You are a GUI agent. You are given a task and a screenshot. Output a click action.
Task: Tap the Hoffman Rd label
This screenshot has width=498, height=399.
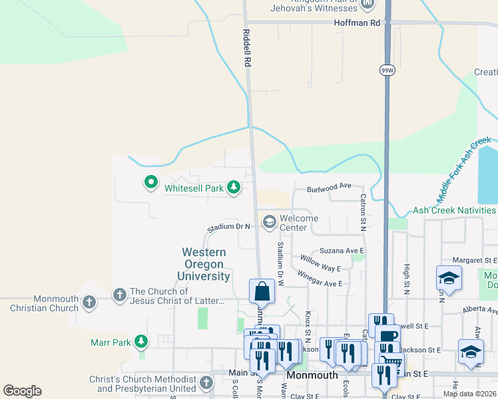pyautogui.click(x=357, y=23)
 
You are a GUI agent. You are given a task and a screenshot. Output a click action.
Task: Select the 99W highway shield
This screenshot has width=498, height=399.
pyautogui.click(x=387, y=69)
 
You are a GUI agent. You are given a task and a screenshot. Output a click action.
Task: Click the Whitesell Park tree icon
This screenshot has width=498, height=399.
pyautogui.click(x=233, y=188)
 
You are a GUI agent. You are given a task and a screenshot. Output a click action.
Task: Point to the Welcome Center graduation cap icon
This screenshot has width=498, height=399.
pyautogui.click(x=270, y=223)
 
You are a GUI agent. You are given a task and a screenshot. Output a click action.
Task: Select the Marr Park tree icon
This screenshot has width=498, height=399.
pyautogui.click(x=140, y=342)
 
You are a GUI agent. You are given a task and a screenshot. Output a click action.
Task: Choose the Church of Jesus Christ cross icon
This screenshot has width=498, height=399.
pyautogui.click(x=120, y=295)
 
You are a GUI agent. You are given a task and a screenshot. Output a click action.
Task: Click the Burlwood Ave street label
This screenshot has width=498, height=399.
pyautogui.click(x=329, y=188)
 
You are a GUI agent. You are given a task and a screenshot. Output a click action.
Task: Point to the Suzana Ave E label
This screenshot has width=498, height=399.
pyautogui.click(x=341, y=251)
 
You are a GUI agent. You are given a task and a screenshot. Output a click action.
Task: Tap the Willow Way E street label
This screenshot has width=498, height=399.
pyautogui.click(x=320, y=263)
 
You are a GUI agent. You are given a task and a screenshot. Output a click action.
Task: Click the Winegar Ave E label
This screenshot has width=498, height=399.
pyautogui.click(x=320, y=279)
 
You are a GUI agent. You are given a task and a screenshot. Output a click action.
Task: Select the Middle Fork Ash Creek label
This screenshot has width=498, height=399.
pyautogui.click(x=464, y=170)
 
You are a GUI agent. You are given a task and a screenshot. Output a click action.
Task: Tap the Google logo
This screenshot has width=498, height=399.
pyautogui.click(x=22, y=391)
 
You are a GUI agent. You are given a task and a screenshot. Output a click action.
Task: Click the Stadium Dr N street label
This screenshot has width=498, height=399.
pyautogui.click(x=228, y=227)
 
